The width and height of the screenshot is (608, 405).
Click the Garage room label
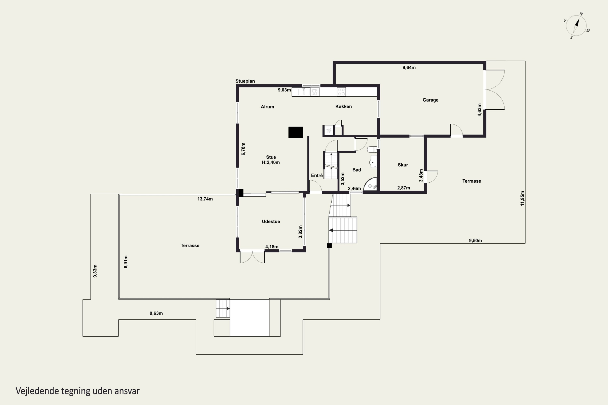pos(430,100)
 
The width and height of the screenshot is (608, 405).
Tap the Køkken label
pos(344,107)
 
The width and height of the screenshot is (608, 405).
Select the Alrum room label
pos(267,107)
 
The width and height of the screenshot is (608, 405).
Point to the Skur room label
pos(403,165)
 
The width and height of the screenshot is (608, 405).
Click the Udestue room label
pos(271,221)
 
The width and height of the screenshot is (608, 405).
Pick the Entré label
pos(317,175)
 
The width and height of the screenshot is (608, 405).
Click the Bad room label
pos(356,170)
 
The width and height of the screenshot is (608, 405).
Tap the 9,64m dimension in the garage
pos(409,68)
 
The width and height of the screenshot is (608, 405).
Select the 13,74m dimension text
pos(205,199)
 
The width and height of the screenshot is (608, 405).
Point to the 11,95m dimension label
pos(522,198)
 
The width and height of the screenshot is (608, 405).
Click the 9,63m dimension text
pos(156,313)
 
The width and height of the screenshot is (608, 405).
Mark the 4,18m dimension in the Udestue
pos(272,247)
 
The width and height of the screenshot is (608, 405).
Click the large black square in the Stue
pos(296,132)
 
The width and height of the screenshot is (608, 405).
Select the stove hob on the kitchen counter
pos(341,92)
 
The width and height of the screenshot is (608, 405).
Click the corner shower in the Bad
pos(371,184)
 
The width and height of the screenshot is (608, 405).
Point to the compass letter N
pos(581,14)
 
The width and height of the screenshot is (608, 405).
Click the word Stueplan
pos(245,81)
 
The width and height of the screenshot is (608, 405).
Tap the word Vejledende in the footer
pos(37,391)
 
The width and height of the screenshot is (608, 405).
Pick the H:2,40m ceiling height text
pos(271,162)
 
